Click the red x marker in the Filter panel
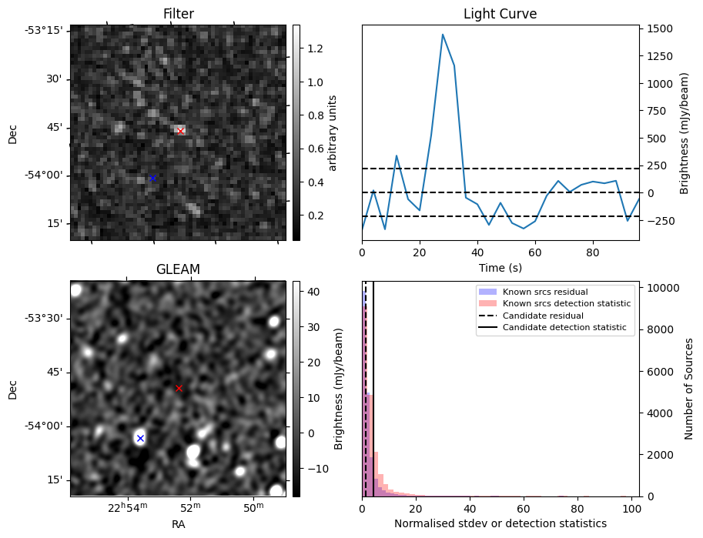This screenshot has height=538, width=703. [180, 131]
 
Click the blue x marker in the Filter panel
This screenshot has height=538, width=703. [152, 178]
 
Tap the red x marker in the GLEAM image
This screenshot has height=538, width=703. [179, 388]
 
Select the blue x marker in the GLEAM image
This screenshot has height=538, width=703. [140, 438]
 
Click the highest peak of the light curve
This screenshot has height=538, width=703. [443, 34]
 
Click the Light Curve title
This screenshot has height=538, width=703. [500, 14]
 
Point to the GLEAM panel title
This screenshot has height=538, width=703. [178, 269]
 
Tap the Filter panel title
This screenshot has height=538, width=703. [178, 14]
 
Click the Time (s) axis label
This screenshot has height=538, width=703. [500, 267]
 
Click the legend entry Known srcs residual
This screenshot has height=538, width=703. [544, 292]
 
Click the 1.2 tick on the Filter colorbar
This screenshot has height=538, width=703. [316, 48]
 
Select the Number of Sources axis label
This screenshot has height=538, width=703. [689, 389]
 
